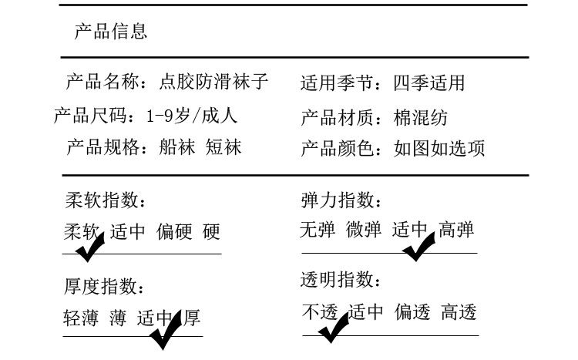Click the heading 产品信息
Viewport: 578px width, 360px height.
tap(111, 32)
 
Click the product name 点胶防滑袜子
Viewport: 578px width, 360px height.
tap(213, 82)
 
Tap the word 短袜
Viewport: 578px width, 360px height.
tap(223, 147)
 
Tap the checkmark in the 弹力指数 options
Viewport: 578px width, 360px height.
tap(419, 245)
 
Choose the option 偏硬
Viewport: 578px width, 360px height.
tap(174, 231)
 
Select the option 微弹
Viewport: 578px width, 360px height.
tap(363, 230)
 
